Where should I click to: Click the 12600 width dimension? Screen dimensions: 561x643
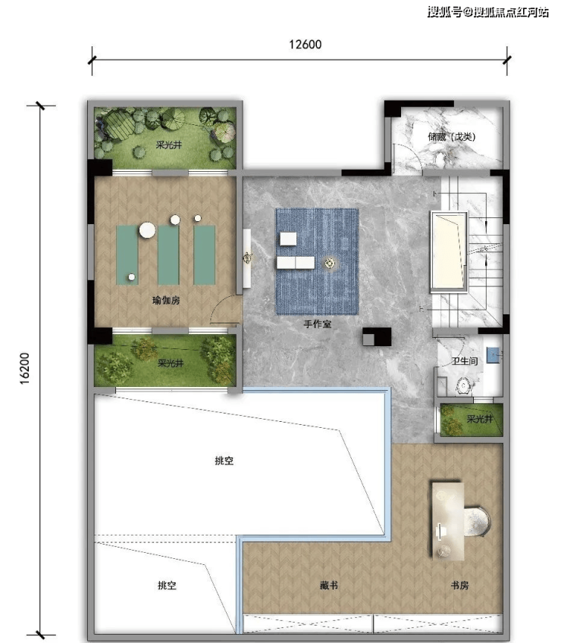click(305, 44)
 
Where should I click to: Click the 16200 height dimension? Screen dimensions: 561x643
click(24, 368)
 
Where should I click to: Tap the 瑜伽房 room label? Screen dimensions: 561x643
click(166, 300)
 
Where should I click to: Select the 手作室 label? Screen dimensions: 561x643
click(317, 324)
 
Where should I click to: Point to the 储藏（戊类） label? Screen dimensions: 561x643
click(451, 136)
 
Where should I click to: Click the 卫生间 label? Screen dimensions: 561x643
click(465, 361)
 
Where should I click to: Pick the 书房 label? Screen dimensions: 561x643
click(459, 585)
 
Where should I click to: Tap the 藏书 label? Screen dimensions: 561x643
click(329, 585)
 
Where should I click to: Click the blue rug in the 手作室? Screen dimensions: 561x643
click(317, 261)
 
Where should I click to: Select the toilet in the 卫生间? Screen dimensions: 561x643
click(463, 386)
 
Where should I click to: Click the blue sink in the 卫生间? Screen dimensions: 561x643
click(493, 355)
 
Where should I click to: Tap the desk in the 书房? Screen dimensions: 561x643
click(447, 521)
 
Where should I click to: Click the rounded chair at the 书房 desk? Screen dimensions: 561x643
click(477, 521)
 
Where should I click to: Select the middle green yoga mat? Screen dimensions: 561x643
click(168, 255)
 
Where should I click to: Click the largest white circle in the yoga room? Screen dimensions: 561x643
click(147, 230)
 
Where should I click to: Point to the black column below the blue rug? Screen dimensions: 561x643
click(376, 337)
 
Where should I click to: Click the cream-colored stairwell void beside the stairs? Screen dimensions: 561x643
click(449, 251)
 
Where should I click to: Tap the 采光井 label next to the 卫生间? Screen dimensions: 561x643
click(479, 419)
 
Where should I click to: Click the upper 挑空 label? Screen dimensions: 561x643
click(224, 460)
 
